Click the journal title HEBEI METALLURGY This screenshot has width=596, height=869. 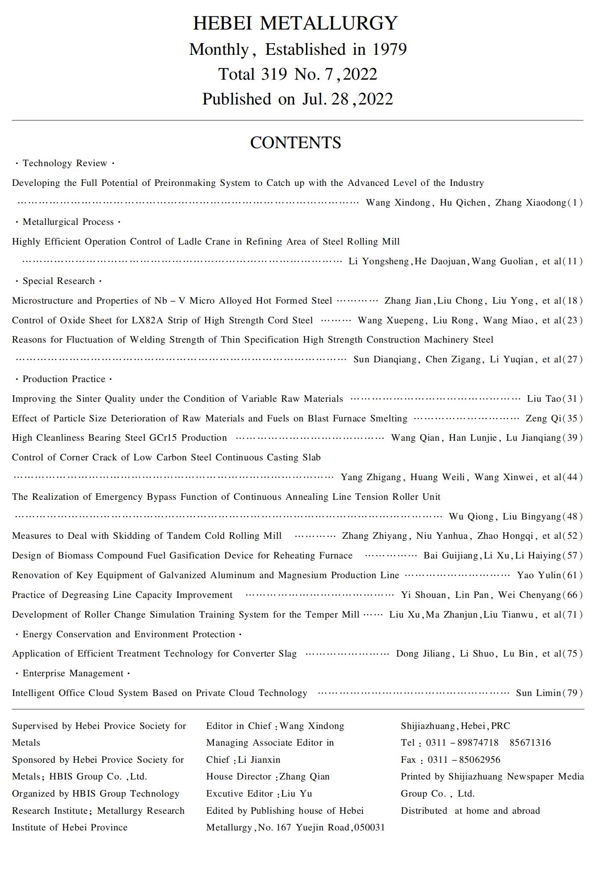pos(295,23)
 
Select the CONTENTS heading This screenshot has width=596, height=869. pos(295,143)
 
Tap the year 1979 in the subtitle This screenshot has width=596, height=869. pos(389,50)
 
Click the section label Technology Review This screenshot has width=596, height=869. pos(65,163)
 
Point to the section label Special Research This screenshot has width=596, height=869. pos(59,281)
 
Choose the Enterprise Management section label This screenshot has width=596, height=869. pos(73,673)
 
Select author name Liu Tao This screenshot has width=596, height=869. pos(544,399)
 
